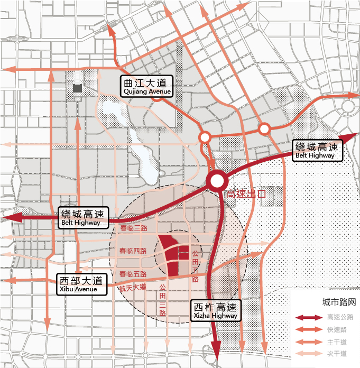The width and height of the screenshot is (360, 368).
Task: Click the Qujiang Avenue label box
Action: pos(146,86)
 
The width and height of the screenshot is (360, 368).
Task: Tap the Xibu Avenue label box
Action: pos(81,284)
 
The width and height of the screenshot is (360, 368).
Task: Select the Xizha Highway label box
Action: pos(215,310)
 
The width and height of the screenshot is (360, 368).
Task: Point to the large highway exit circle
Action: pos(216,182)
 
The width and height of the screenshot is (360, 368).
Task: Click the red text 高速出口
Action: pos(245,194)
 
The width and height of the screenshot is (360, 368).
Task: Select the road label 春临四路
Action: pos(133,251)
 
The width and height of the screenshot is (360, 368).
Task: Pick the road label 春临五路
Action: pos(133,274)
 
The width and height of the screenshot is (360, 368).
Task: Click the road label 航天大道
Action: pos(132,288)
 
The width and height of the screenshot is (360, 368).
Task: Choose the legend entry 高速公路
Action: pos(340,317)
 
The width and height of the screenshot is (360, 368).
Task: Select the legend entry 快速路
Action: pos(337,329)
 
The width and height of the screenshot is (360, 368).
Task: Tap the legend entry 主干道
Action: pos(337,342)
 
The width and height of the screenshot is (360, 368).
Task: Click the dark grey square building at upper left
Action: pos(77,88)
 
